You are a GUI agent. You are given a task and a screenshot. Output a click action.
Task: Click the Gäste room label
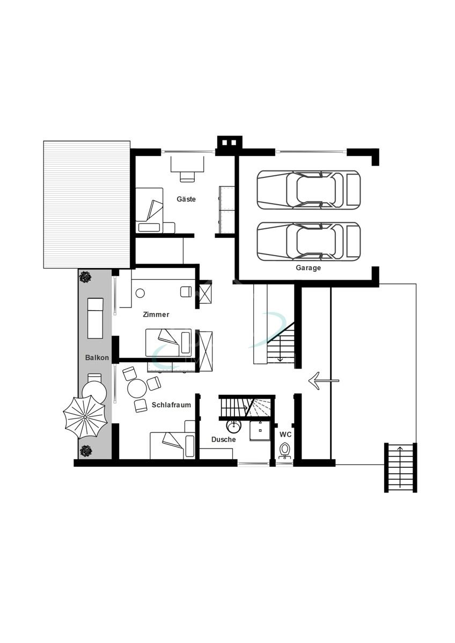pos(186,199)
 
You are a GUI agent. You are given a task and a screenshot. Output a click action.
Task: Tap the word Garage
pos(308,268)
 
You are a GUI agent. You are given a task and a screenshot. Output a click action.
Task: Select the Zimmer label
pos(156,315)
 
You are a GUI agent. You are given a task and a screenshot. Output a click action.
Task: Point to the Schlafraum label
pos(171,405)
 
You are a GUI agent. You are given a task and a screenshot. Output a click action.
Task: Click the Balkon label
pos(97,357)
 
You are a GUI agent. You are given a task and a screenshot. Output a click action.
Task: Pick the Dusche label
pos(223,439)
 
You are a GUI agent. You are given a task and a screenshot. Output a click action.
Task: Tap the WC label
pos(285,435)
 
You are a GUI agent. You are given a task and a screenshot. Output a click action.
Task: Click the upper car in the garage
pos(309,190)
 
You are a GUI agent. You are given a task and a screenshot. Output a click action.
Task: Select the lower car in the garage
pos(309,241)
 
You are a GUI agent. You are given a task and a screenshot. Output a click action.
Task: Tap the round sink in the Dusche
pos(234,427)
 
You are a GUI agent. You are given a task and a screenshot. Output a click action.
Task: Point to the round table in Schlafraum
pos(137,388)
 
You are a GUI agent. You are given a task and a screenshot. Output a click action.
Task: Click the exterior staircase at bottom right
pos(400,467)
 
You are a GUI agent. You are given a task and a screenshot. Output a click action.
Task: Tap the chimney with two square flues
pos(229,143)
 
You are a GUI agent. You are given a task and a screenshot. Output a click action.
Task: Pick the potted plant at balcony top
pos(85,277)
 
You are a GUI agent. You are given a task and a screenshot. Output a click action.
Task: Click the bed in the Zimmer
pos(168,342)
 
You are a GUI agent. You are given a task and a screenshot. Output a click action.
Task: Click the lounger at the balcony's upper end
pos(95,318)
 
